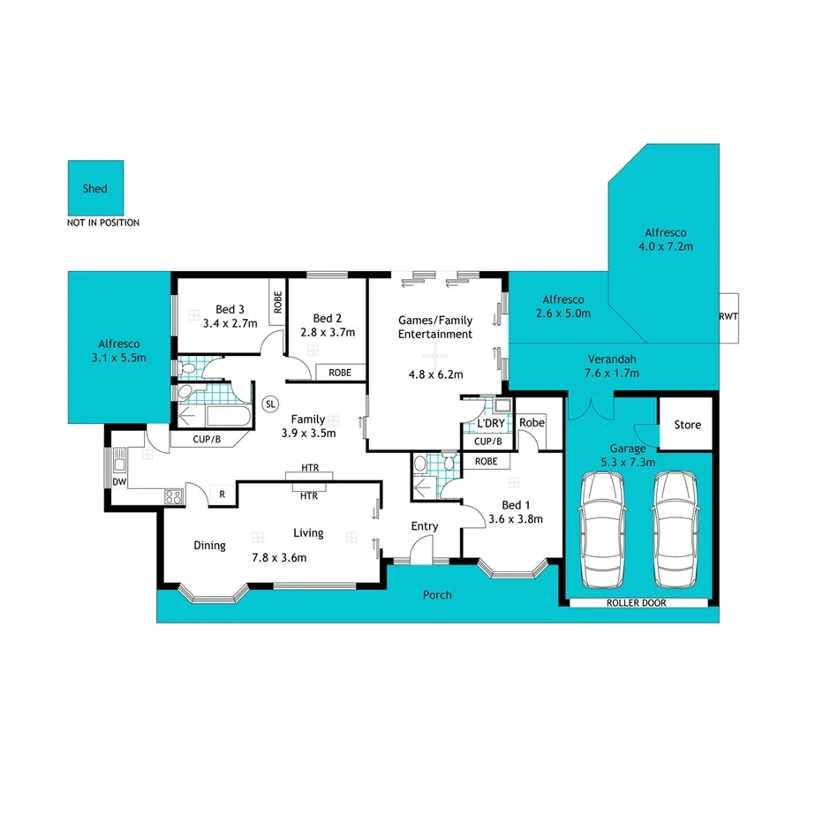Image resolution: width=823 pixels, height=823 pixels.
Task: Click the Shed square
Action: [x=95, y=188]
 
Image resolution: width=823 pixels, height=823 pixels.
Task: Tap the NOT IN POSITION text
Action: [x=102, y=223]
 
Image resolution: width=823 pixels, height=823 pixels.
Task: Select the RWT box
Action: [x=729, y=316]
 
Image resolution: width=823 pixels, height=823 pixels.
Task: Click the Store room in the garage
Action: [x=687, y=425]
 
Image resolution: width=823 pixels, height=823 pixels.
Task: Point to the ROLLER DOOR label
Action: [x=636, y=603]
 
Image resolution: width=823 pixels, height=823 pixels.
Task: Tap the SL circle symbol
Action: [x=271, y=404]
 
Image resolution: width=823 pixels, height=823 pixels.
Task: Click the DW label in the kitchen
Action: [x=118, y=481]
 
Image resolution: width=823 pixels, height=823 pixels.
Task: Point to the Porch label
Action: [x=437, y=595]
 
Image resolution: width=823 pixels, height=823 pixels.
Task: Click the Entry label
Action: [x=425, y=526]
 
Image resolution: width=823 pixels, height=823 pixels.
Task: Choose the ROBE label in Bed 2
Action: [x=340, y=373]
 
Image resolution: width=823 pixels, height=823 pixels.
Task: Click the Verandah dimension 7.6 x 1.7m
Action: [x=612, y=373]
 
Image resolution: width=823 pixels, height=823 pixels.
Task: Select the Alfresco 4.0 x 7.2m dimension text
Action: [x=666, y=246]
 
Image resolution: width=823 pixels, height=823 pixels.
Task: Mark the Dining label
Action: [x=210, y=546]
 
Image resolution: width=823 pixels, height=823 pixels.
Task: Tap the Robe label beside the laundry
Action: [x=532, y=423]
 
